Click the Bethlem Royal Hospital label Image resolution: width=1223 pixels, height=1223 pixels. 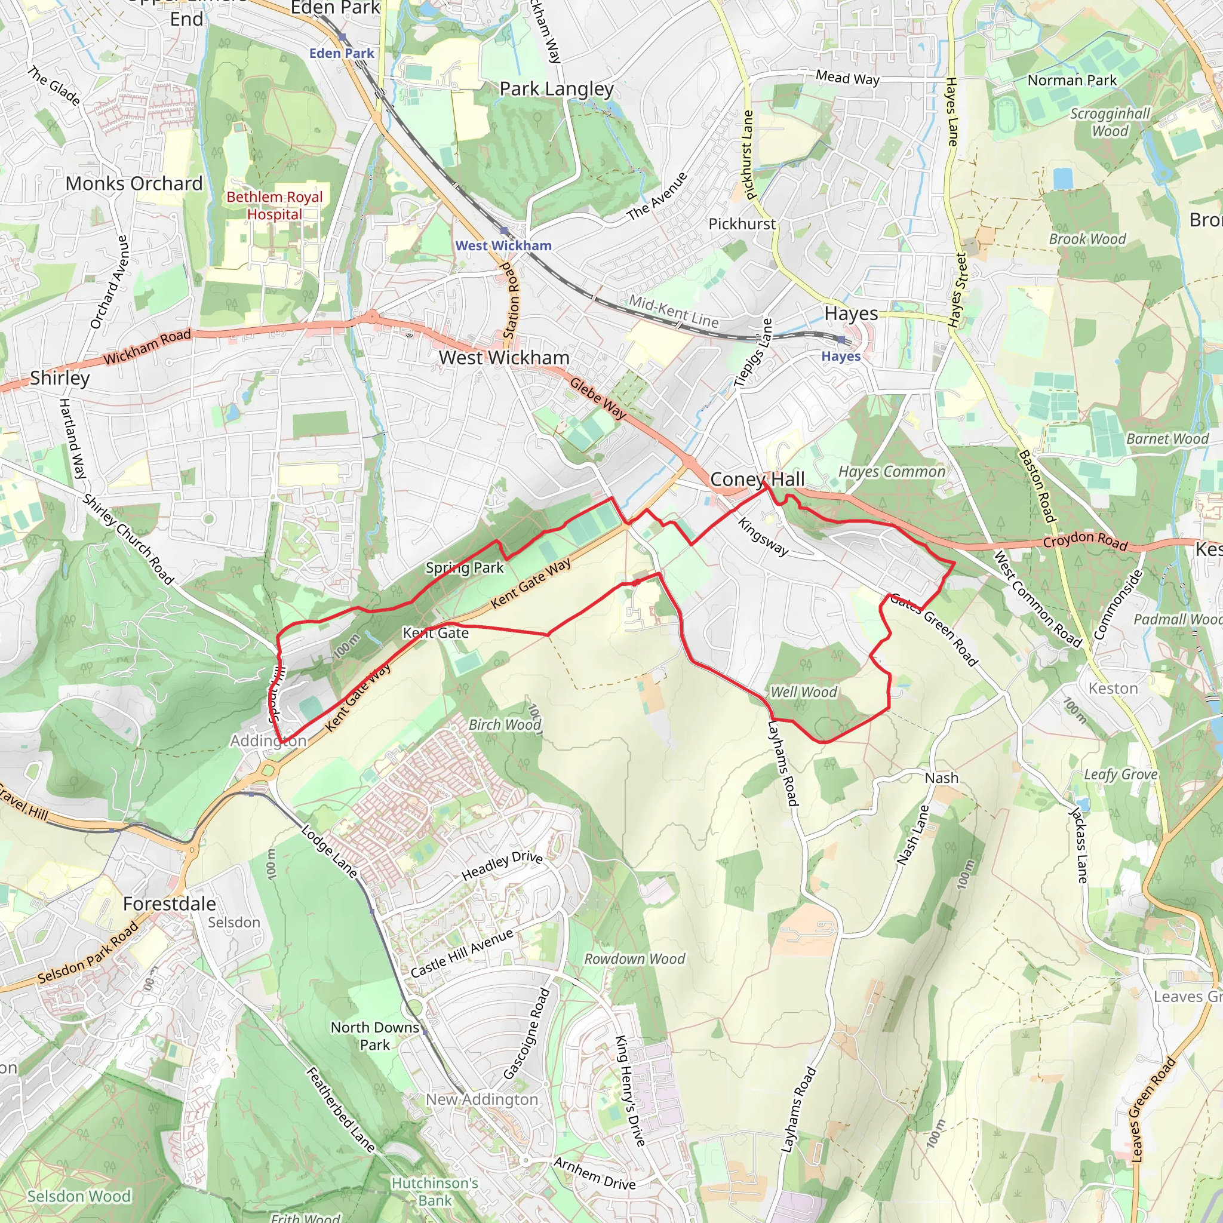pos(274,206)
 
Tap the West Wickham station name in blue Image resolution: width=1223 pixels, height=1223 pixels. pos(503,245)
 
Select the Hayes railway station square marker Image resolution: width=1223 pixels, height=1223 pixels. pos(841,340)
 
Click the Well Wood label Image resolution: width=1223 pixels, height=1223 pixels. pos(803,692)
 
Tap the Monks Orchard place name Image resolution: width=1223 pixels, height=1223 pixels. pos(134,183)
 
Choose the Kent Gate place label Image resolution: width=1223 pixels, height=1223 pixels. pos(435,633)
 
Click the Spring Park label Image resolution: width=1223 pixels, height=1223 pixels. pos(465,568)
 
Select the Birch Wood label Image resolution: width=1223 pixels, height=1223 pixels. pos(505,725)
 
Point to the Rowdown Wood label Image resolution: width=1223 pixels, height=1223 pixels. pos(634,959)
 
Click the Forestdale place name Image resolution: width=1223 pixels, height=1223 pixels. pos(169,904)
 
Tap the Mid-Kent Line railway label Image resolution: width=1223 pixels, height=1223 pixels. pos(674,312)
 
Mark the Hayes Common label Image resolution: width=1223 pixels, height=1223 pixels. pos(892,472)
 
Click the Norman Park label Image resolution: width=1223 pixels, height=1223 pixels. pos(1072,81)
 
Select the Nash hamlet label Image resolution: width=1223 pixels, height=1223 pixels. pos(941,778)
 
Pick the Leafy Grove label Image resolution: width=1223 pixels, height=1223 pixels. pos(1120,774)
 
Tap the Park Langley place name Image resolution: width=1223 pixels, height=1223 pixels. pos(557,89)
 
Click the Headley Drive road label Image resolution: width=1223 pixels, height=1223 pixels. pos(502,866)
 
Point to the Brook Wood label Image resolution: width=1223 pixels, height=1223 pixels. pos(1087,239)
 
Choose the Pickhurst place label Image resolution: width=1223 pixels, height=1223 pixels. pos(742,224)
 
